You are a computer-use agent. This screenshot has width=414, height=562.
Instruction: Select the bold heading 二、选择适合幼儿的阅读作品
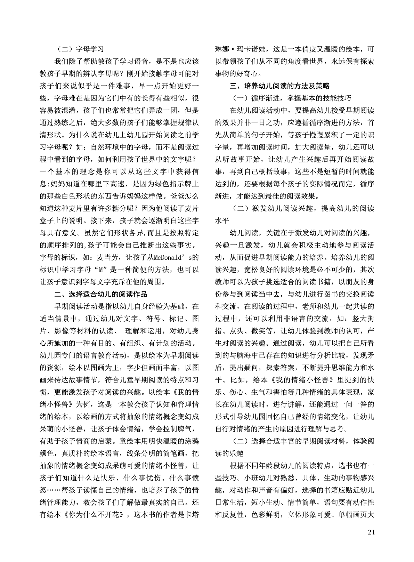click(x=98, y=294)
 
